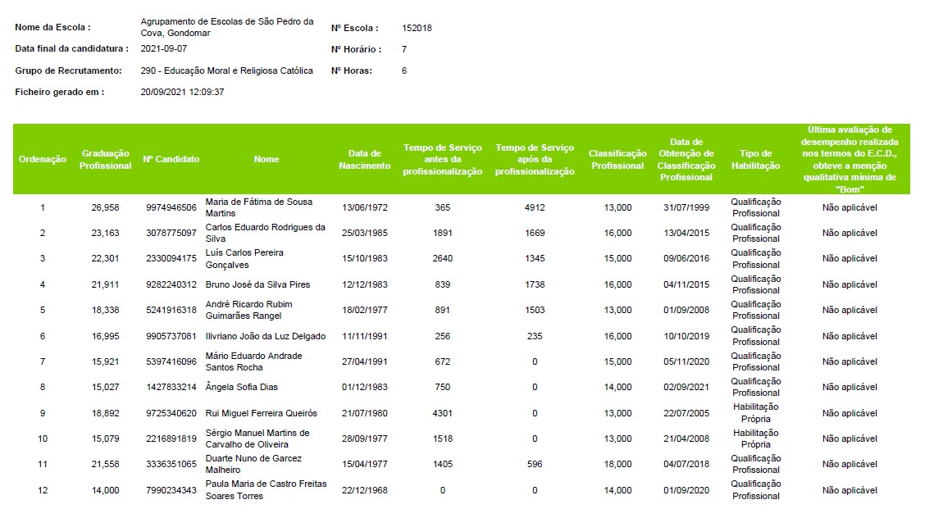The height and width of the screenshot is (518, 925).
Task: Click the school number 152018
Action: [417, 28]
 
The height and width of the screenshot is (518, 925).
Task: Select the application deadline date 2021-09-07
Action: [163, 49]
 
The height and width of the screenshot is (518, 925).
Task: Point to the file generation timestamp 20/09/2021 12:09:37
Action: [182, 92]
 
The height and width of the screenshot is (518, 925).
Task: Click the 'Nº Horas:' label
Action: [352, 70]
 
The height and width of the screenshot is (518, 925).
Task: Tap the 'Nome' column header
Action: [266, 159]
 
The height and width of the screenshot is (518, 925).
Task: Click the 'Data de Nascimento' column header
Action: [365, 160]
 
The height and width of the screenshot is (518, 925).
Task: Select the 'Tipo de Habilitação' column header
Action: [756, 160]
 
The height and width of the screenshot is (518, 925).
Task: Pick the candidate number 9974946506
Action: [171, 207]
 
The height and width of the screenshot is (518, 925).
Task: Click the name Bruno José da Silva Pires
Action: [257, 284]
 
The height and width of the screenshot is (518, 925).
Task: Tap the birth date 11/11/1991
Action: [365, 337]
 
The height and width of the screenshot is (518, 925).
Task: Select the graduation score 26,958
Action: [105, 207]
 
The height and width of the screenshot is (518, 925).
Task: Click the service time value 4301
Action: [443, 414]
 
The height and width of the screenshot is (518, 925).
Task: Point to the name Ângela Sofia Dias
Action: [241, 387]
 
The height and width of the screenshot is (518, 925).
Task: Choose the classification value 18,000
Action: [617, 465]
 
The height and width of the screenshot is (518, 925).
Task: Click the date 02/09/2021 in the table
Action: [686, 387]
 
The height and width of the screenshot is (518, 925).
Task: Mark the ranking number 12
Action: [43, 490]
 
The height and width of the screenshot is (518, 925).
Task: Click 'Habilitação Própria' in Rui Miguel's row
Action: [756, 413]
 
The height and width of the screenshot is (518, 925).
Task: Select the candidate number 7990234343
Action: [171, 490]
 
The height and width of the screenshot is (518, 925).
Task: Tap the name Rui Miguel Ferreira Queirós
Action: [262, 414]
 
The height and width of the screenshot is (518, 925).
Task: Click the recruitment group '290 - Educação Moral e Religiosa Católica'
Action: [226, 70]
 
